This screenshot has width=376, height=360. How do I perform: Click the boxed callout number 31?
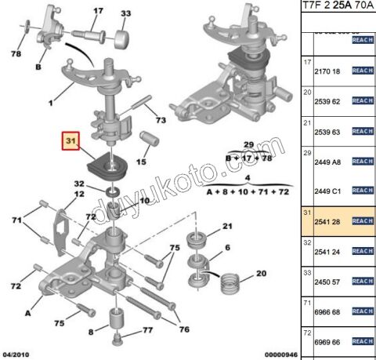pyautogui.click(x=72, y=142)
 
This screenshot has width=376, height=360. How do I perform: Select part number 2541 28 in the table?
pyautogui.click(x=327, y=222)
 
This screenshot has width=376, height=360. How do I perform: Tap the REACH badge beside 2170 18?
pyautogui.click(x=363, y=71)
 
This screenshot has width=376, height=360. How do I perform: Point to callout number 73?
pyautogui.click(x=160, y=120)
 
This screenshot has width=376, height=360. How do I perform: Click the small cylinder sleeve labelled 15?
pyautogui.click(x=148, y=142)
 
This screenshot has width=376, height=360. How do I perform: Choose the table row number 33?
pyautogui.click(x=307, y=272)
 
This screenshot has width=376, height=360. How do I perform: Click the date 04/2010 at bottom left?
pyautogui.click(x=16, y=355)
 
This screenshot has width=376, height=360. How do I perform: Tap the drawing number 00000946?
pyautogui.click(x=275, y=355)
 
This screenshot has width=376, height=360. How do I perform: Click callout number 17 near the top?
pyautogui.click(x=98, y=12)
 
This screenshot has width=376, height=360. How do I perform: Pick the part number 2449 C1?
pyautogui.click(x=327, y=191)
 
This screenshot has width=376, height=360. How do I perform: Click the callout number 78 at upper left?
pyautogui.click(x=15, y=53)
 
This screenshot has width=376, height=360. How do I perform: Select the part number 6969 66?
pyautogui.click(x=327, y=343)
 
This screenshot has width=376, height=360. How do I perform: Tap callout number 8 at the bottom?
pyautogui.click(x=91, y=333)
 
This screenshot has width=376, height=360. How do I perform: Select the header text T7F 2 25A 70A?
pyautogui.click(x=337, y=7)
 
